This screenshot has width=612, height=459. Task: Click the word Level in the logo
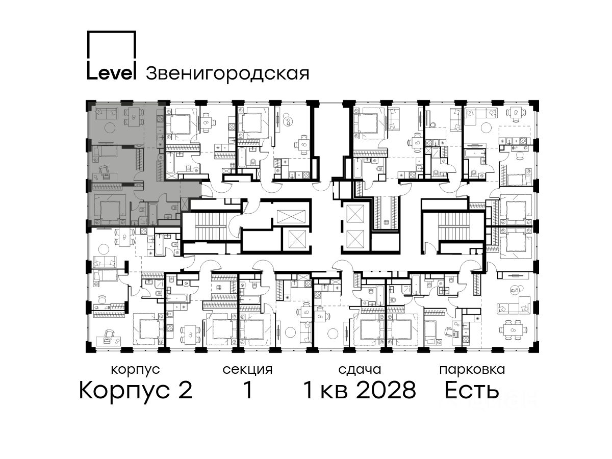tap(112, 73)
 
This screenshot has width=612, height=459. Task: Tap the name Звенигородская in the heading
tap(227, 74)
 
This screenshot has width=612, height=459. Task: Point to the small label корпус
tap(136, 370)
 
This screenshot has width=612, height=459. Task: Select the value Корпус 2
tap(136, 391)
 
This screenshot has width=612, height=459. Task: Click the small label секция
tap(247, 370)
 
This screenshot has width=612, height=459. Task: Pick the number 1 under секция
tap(247, 390)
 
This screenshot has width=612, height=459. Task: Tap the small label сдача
tap(360, 370)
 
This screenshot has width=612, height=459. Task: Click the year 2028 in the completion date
tap(387, 390)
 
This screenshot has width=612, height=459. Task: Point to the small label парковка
tap(472, 370)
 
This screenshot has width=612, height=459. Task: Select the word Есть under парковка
tap(471, 390)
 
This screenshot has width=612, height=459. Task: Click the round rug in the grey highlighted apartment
tap(109, 127)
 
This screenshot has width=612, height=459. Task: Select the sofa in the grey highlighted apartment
tap(106, 113)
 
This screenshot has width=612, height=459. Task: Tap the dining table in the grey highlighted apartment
tap(134, 117)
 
